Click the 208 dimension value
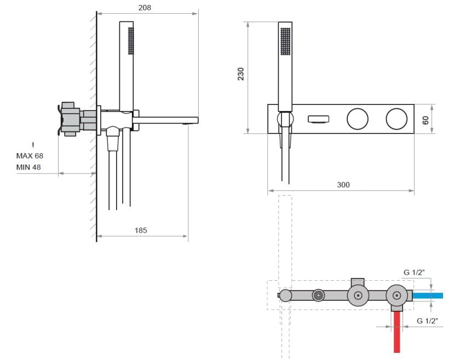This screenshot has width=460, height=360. pos(145,8)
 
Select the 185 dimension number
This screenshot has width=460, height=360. pos(141,230)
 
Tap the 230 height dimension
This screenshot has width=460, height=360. pos(241,74)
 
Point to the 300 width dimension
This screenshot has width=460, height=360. pos(343,185)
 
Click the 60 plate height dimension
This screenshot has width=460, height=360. pos(426,120)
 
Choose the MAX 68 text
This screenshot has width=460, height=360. pos(30,156)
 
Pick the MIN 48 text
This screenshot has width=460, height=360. pos(28,167)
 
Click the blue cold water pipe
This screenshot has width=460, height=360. pos(428,295)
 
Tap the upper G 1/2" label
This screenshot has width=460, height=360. pos(414,272)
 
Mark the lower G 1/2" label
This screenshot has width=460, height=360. pos(428,321)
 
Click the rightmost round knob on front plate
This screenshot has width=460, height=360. pos(396,119)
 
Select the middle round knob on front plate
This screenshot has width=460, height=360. pos(357,119)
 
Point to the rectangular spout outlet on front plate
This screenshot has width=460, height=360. pos(318,119)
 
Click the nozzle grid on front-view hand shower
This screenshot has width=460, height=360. pos(285,42)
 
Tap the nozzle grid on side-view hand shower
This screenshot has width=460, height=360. pos(131,40)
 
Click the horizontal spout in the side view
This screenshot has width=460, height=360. pos(165,120)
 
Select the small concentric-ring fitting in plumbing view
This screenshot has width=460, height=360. pos(318,295)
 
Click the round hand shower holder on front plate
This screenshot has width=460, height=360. pos(285,119)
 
